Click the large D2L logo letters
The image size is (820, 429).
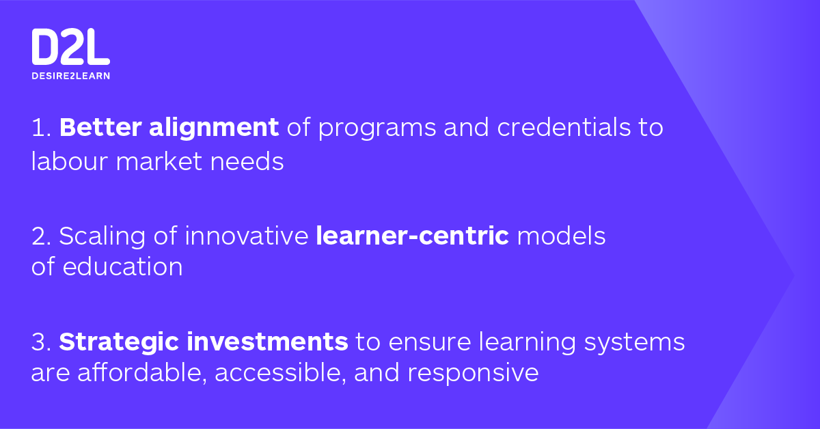pyautogui.click(x=70, y=47)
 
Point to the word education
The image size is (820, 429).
pyautogui.click(x=122, y=266)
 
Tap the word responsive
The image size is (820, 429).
pyautogui.click(x=474, y=375)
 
